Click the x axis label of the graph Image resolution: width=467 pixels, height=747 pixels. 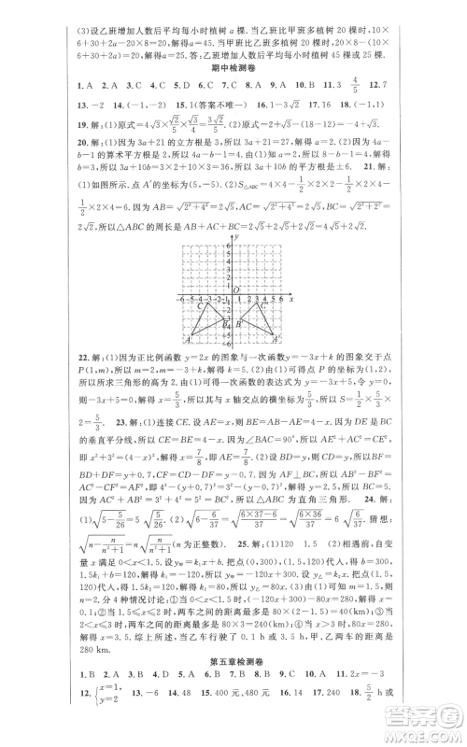tap(291, 299)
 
